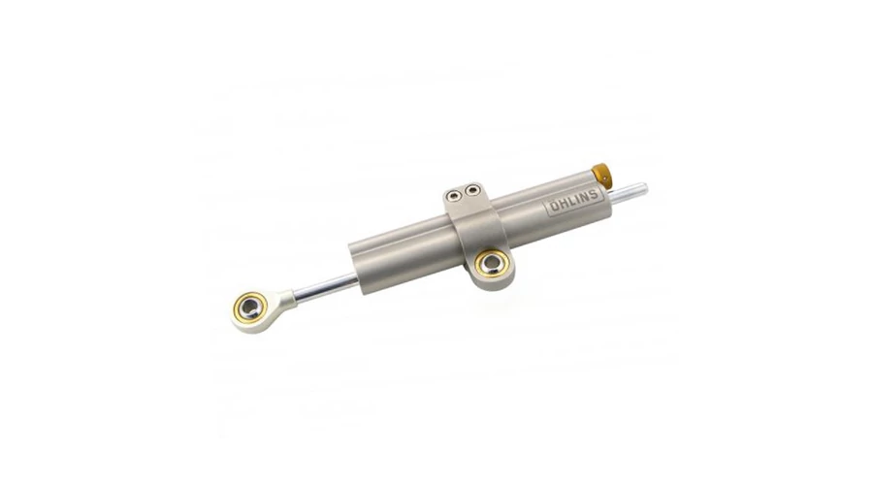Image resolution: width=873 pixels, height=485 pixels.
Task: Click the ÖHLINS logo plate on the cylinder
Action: pyautogui.click(x=573, y=201)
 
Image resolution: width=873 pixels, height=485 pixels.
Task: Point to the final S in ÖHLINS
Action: pyautogui.click(x=594, y=194)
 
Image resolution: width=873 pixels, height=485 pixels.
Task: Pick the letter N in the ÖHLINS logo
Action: pyautogui.click(x=585, y=197)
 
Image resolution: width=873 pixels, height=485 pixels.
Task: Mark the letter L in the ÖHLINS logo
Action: pyautogui.click(x=570, y=202)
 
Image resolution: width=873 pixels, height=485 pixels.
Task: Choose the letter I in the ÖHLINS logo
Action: pyautogui.click(x=577, y=200)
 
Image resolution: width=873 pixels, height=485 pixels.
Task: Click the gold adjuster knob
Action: pyautogui.click(x=600, y=174)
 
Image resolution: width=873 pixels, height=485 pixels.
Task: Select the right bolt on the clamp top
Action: pyautogui.click(x=472, y=190)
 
